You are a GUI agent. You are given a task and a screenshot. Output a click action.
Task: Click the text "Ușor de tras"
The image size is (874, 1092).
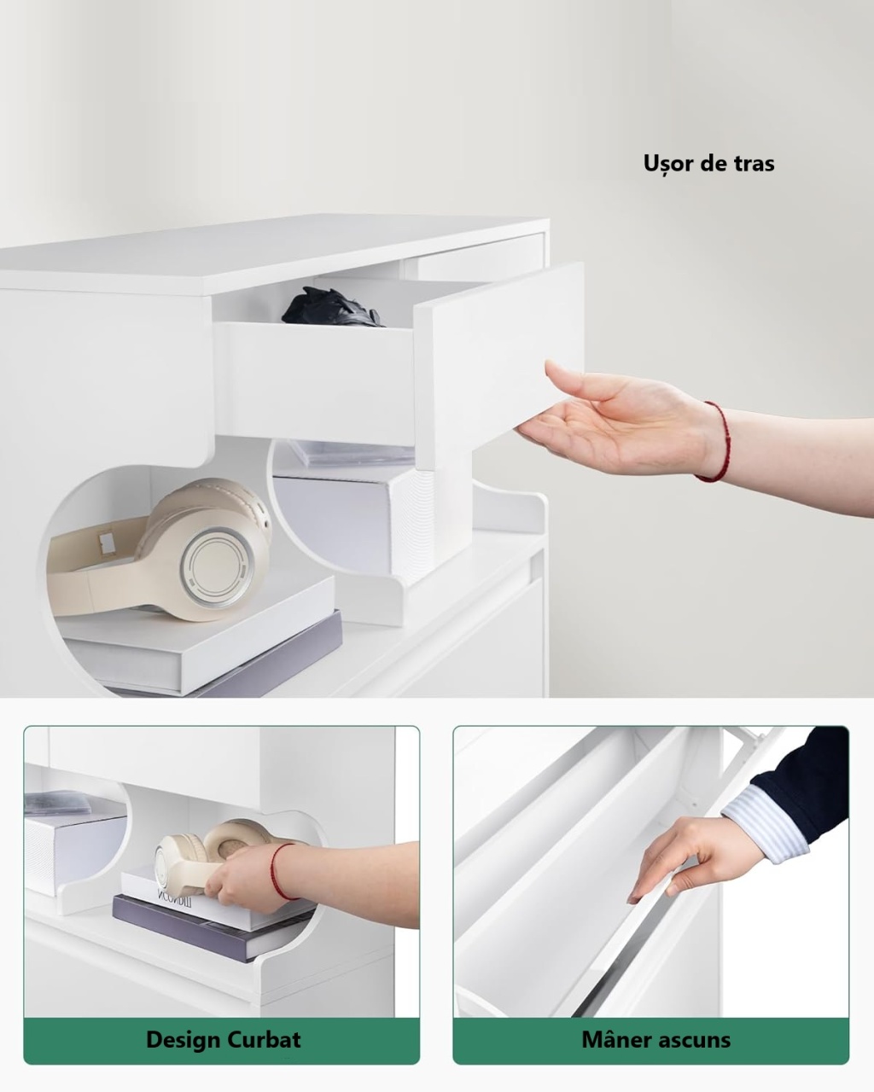708,164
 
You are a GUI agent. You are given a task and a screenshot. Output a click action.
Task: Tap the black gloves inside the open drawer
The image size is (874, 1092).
332,307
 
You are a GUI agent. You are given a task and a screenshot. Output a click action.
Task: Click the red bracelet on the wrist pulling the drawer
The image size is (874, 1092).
717,441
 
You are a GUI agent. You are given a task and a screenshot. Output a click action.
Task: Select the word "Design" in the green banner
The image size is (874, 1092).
183,1040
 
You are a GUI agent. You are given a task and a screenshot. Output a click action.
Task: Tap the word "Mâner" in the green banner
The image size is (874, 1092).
615,1039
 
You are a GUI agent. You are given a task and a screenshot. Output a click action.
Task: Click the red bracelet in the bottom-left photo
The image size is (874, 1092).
278,871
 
